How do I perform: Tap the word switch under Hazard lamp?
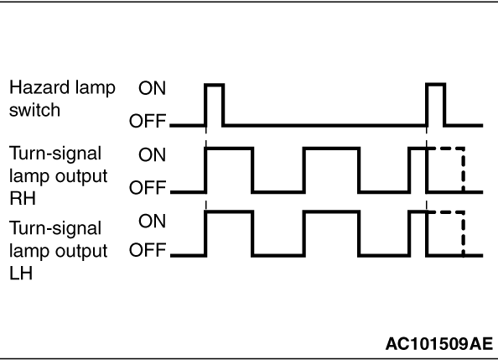(x=34, y=110)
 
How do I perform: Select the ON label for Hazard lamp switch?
(x=152, y=88)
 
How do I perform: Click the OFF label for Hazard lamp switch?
(x=148, y=121)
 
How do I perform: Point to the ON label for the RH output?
(x=152, y=154)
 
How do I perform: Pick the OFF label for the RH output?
(x=148, y=187)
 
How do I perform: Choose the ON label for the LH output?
(x=152, y=221)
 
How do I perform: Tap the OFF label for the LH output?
(x=148, y=250)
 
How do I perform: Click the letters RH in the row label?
(x=23, y=198)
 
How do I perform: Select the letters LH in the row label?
(x=21, y=274)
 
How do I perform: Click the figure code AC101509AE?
(x=439, y=344)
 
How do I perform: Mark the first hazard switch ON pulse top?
(x=215, y=85)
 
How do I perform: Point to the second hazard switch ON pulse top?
(x=436, y=84)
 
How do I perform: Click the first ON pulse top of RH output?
(x=230, y=149)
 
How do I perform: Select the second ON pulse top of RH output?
(x=331, y=149)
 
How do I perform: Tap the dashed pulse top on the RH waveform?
(x=446, y=149)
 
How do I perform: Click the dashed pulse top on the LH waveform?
(x=446, y=211)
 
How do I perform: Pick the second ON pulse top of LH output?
(x=331, y=211)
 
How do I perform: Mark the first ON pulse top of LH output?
(x=230, y=211)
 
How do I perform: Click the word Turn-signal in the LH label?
(x=55, y=228)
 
